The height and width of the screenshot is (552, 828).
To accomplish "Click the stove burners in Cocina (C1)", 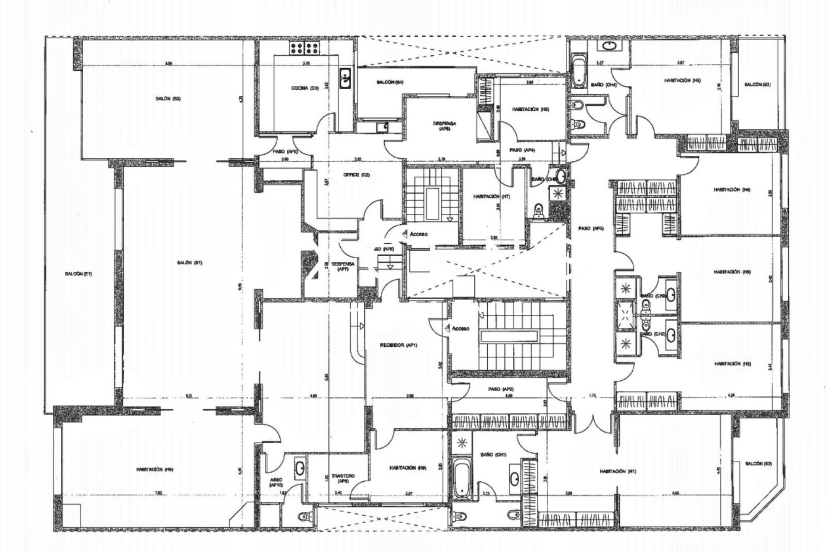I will pos(304,48).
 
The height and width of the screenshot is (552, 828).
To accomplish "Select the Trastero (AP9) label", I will pos(343,478).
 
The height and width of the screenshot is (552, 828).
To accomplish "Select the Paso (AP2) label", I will pos(501,389).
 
